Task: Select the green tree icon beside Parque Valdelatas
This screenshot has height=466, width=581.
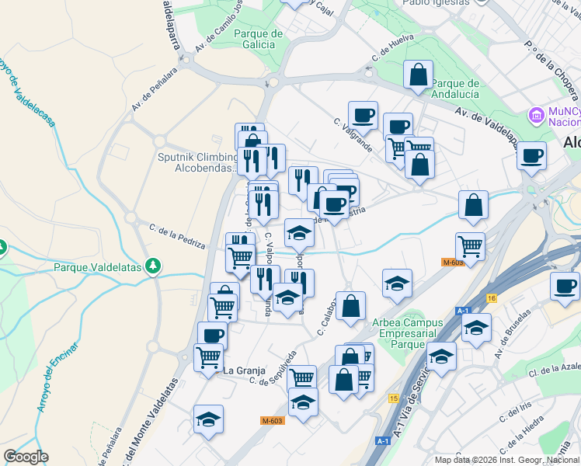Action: click(x=154, y=266)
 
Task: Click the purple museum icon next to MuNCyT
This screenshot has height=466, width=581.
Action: click(x=535, y=116)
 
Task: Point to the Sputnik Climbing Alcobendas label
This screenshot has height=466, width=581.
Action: click(x=197, y=162)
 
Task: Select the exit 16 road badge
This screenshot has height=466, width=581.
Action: click(x=492, y=297)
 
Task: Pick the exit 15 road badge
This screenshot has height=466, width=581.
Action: click(x=394, y=398)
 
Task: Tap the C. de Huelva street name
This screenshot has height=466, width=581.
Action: click(x=392, y=47)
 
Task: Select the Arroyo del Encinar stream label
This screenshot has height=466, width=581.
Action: click(x=57, y=377)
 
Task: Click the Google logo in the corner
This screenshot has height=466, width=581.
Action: click(x=26, y=457)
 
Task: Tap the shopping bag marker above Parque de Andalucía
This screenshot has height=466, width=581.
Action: click(x=418, y=75)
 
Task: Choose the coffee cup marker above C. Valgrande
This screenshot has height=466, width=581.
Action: click(x=363, y=115)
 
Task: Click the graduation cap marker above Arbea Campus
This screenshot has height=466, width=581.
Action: click(x=397, y=283)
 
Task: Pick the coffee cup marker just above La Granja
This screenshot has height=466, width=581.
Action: click(x=212, y=335)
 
